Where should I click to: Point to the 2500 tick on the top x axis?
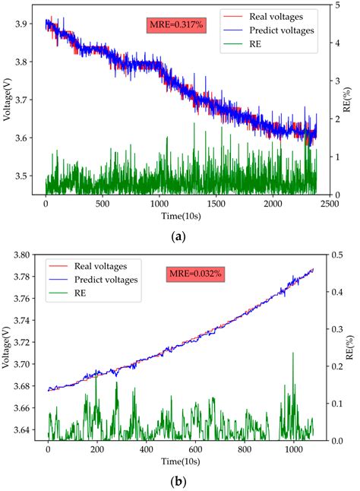pyautogui.click(x=328, y=204)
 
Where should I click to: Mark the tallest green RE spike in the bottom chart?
pyautogui.click(x=293, y=354)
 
